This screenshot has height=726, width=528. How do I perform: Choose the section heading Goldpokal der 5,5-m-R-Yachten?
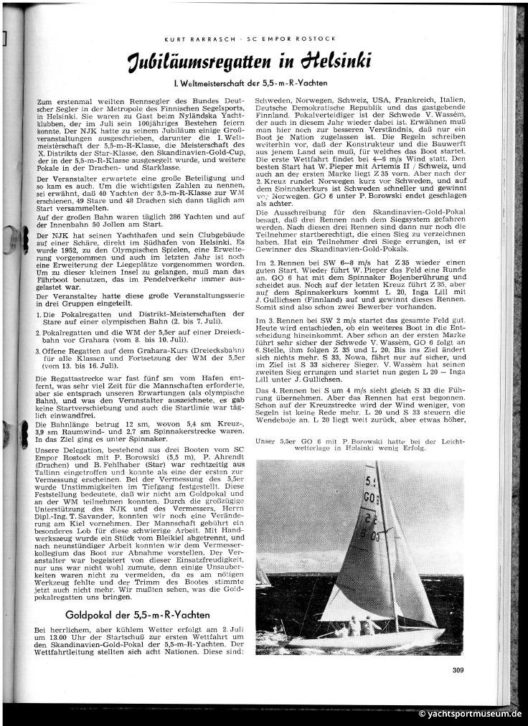[x=137, y=615]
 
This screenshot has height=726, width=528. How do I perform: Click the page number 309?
[x=459, y=671]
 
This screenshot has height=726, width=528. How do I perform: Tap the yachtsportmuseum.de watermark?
[x=470, y=714]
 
